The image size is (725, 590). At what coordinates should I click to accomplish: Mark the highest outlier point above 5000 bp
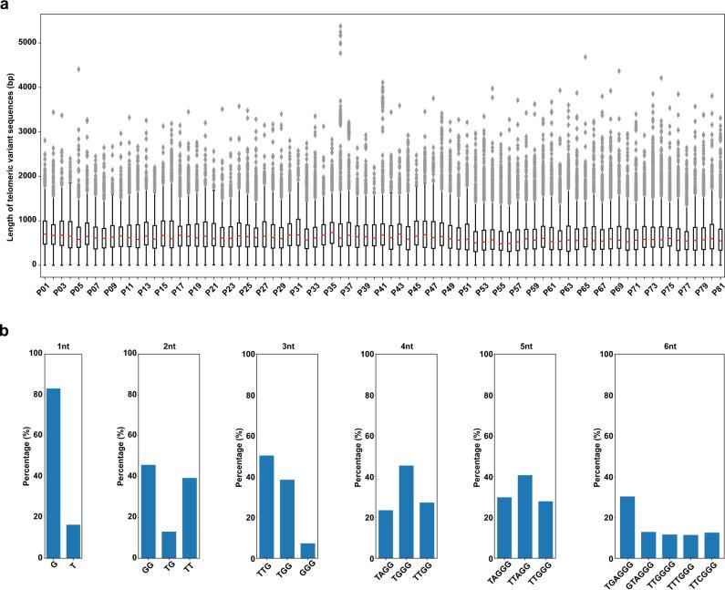coord(340,26)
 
